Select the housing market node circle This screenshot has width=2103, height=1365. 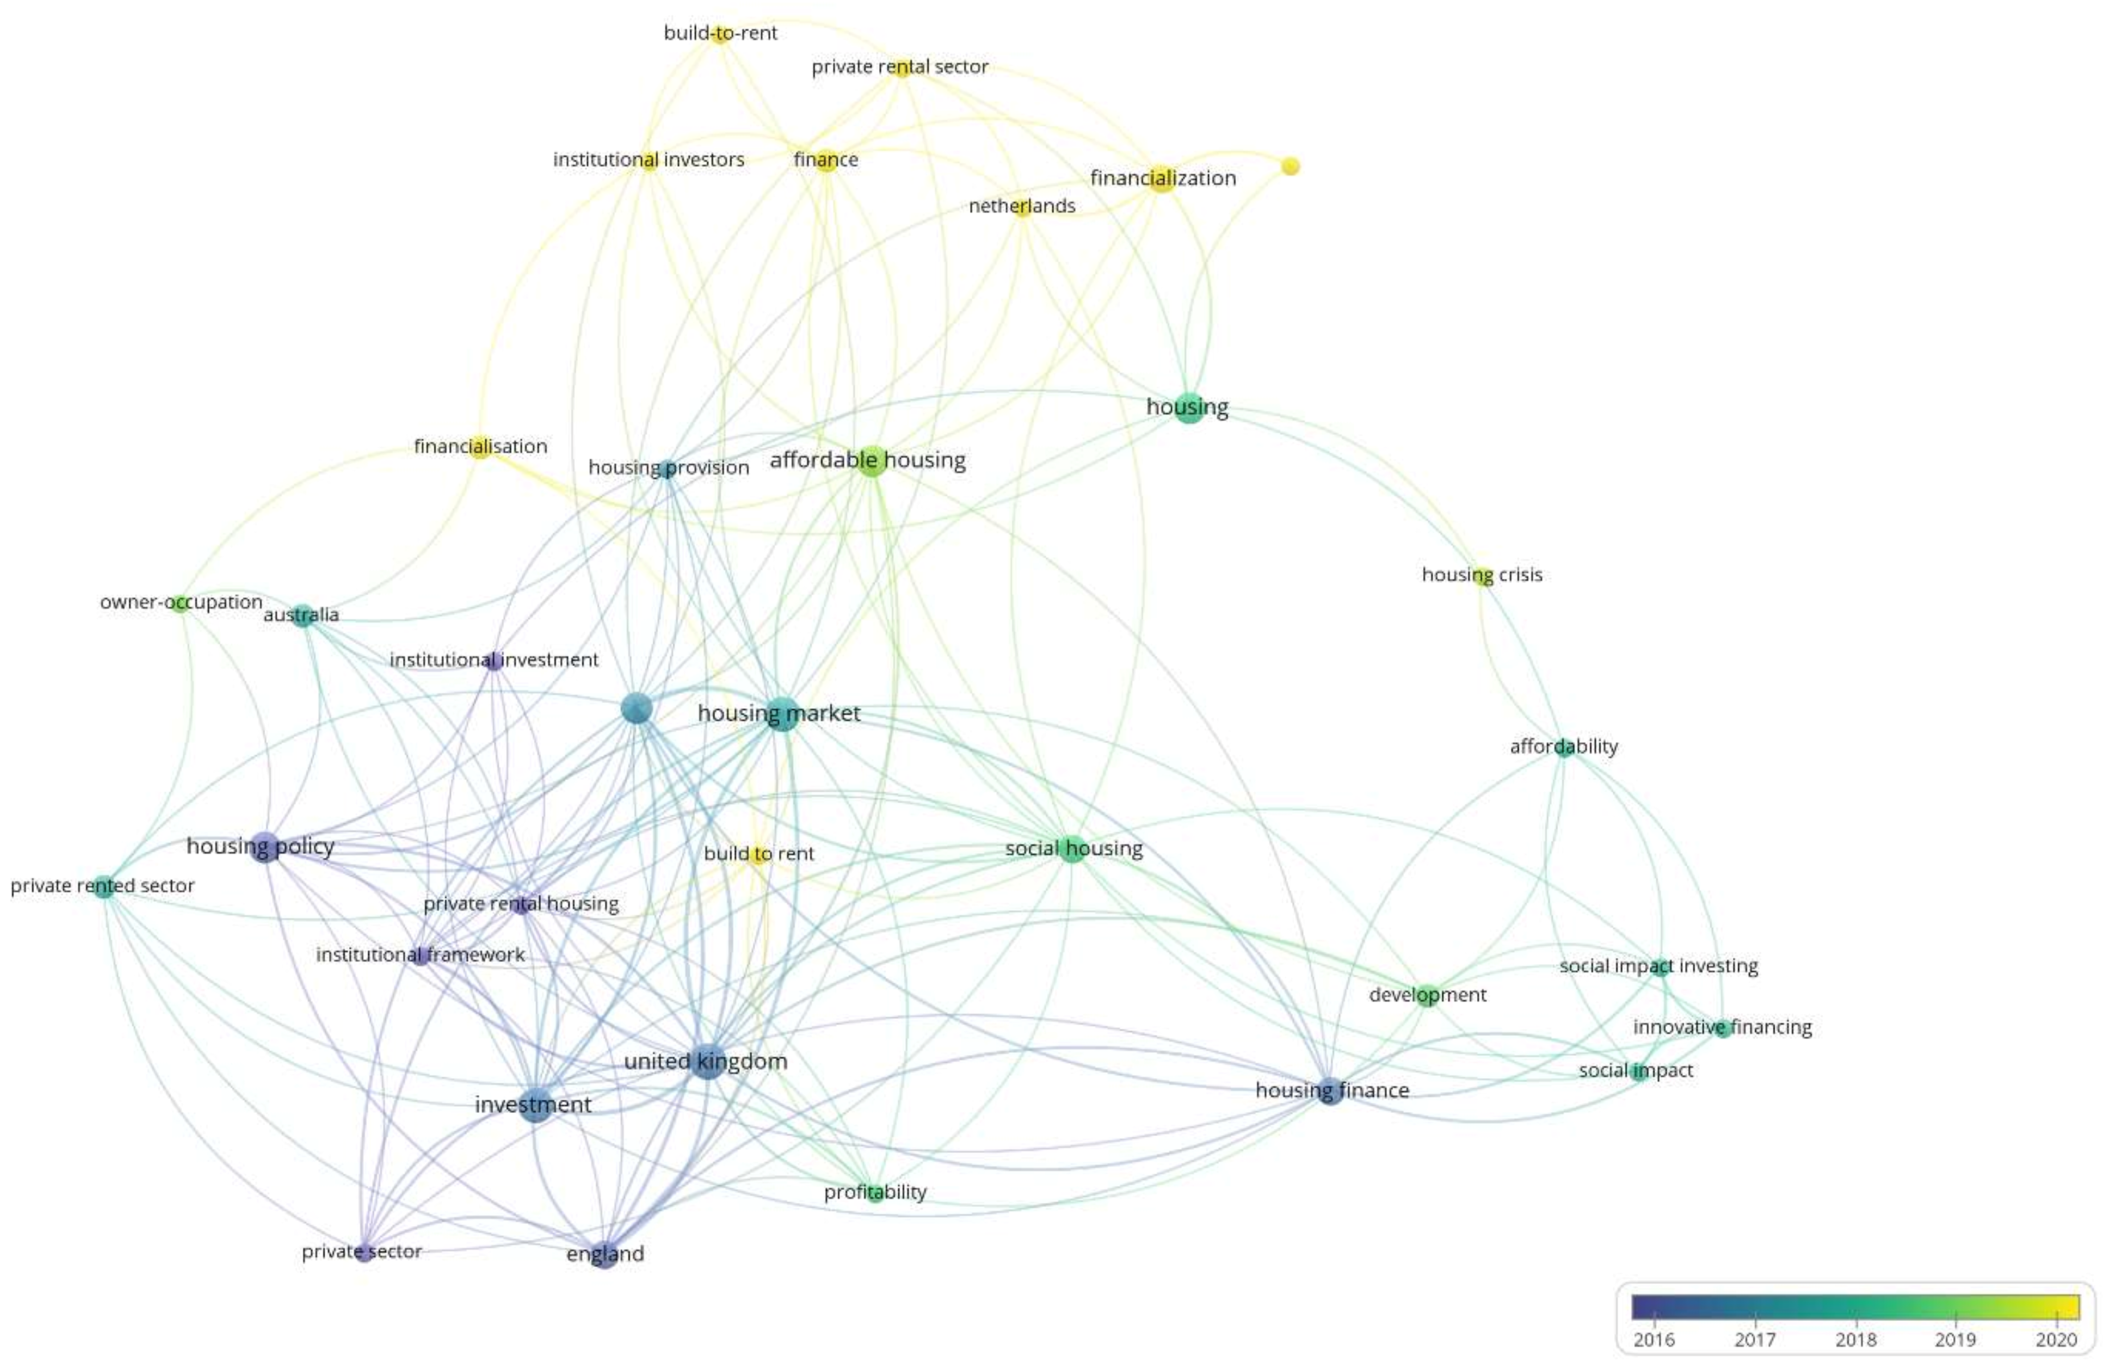click(781, 713)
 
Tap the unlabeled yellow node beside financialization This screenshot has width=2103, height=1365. click(1290, 166)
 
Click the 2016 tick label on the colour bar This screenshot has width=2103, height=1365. click(1653, 1339)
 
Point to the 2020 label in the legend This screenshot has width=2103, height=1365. click(2056, 1339)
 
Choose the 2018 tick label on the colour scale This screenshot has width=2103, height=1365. click(1856, 1339)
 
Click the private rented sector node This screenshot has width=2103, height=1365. click(104, 887)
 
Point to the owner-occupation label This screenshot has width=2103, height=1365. click(181, 602)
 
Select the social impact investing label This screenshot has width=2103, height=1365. click(1658, 965)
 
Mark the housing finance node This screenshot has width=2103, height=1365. click(1330, 1091)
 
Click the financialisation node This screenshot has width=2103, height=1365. click(480, 447)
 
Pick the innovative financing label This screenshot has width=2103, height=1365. click(1722, 1026)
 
